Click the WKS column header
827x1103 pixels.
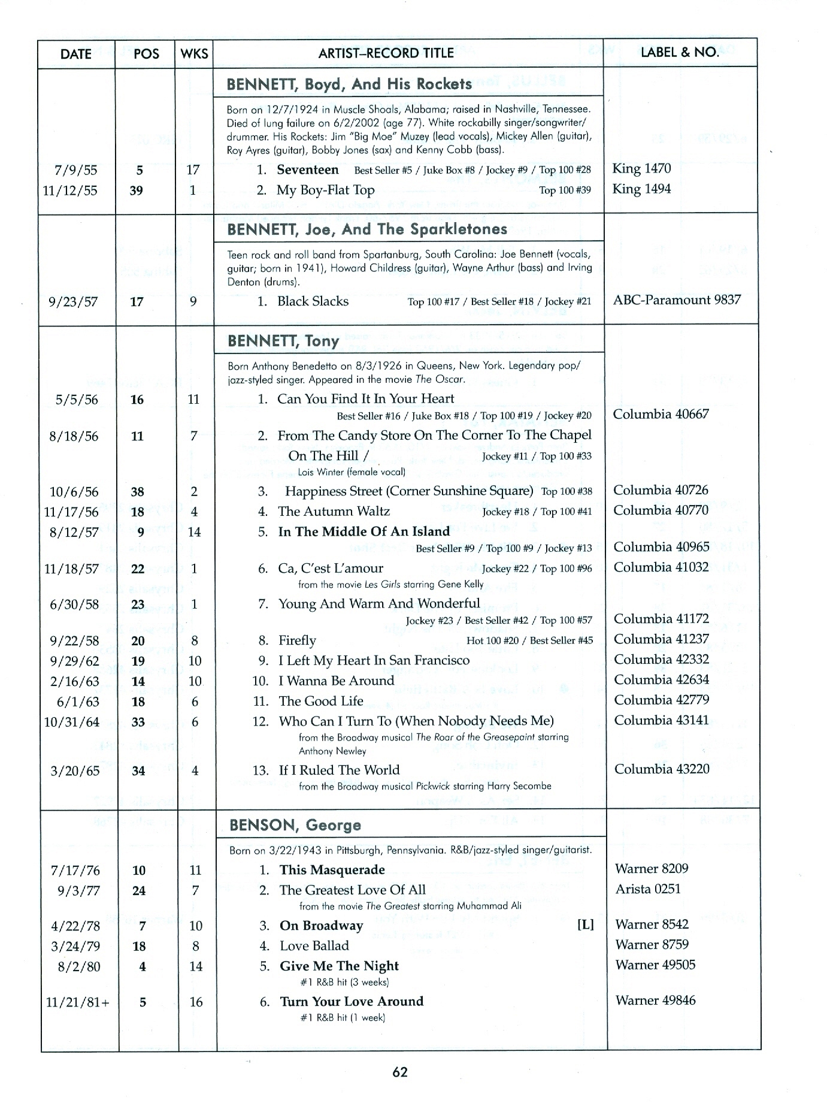pos(194,54)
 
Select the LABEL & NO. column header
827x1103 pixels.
pos(680,52)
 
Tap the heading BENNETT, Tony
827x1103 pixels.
pos(283,341)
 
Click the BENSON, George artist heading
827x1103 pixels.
pos(295,825)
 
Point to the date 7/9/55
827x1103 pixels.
pos(75,170)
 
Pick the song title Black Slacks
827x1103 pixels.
pos(313,301)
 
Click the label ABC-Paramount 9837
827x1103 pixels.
pos(677,300)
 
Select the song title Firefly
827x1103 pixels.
pos(297,640)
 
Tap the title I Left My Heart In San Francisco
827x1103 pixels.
pos(374,660)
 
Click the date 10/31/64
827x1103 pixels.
pos(71,722)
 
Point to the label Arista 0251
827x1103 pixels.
pos(648,889)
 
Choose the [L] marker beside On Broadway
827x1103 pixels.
pos(585,924)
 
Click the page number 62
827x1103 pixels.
pos(400,1072)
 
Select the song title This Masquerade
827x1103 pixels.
pos(332,870)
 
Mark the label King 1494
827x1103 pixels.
pos(641,189)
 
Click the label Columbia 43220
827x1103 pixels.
pos(662,769)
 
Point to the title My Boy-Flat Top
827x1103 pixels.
pos(326,191)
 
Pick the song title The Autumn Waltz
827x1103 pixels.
pos(334,511)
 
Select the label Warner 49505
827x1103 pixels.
pos(655,965)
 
